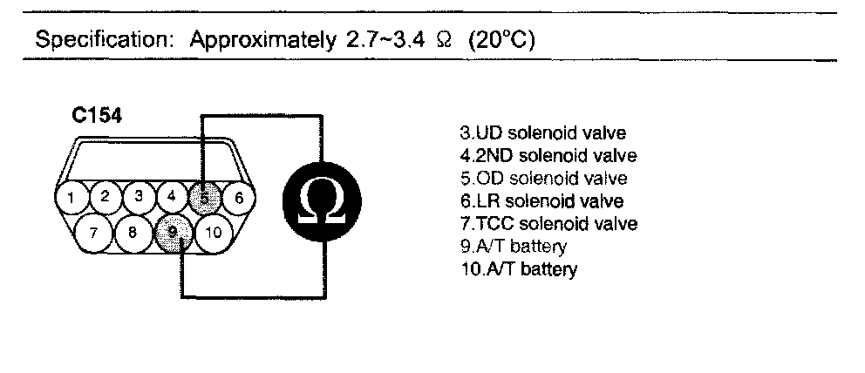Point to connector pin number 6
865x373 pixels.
(x=237, y=198)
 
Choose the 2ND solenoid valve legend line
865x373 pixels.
(x=548, y=156)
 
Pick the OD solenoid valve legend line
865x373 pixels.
(x=542, y=179)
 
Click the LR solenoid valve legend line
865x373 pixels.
(x=541, y=201)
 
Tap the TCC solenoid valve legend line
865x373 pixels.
(x=548, y=224)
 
